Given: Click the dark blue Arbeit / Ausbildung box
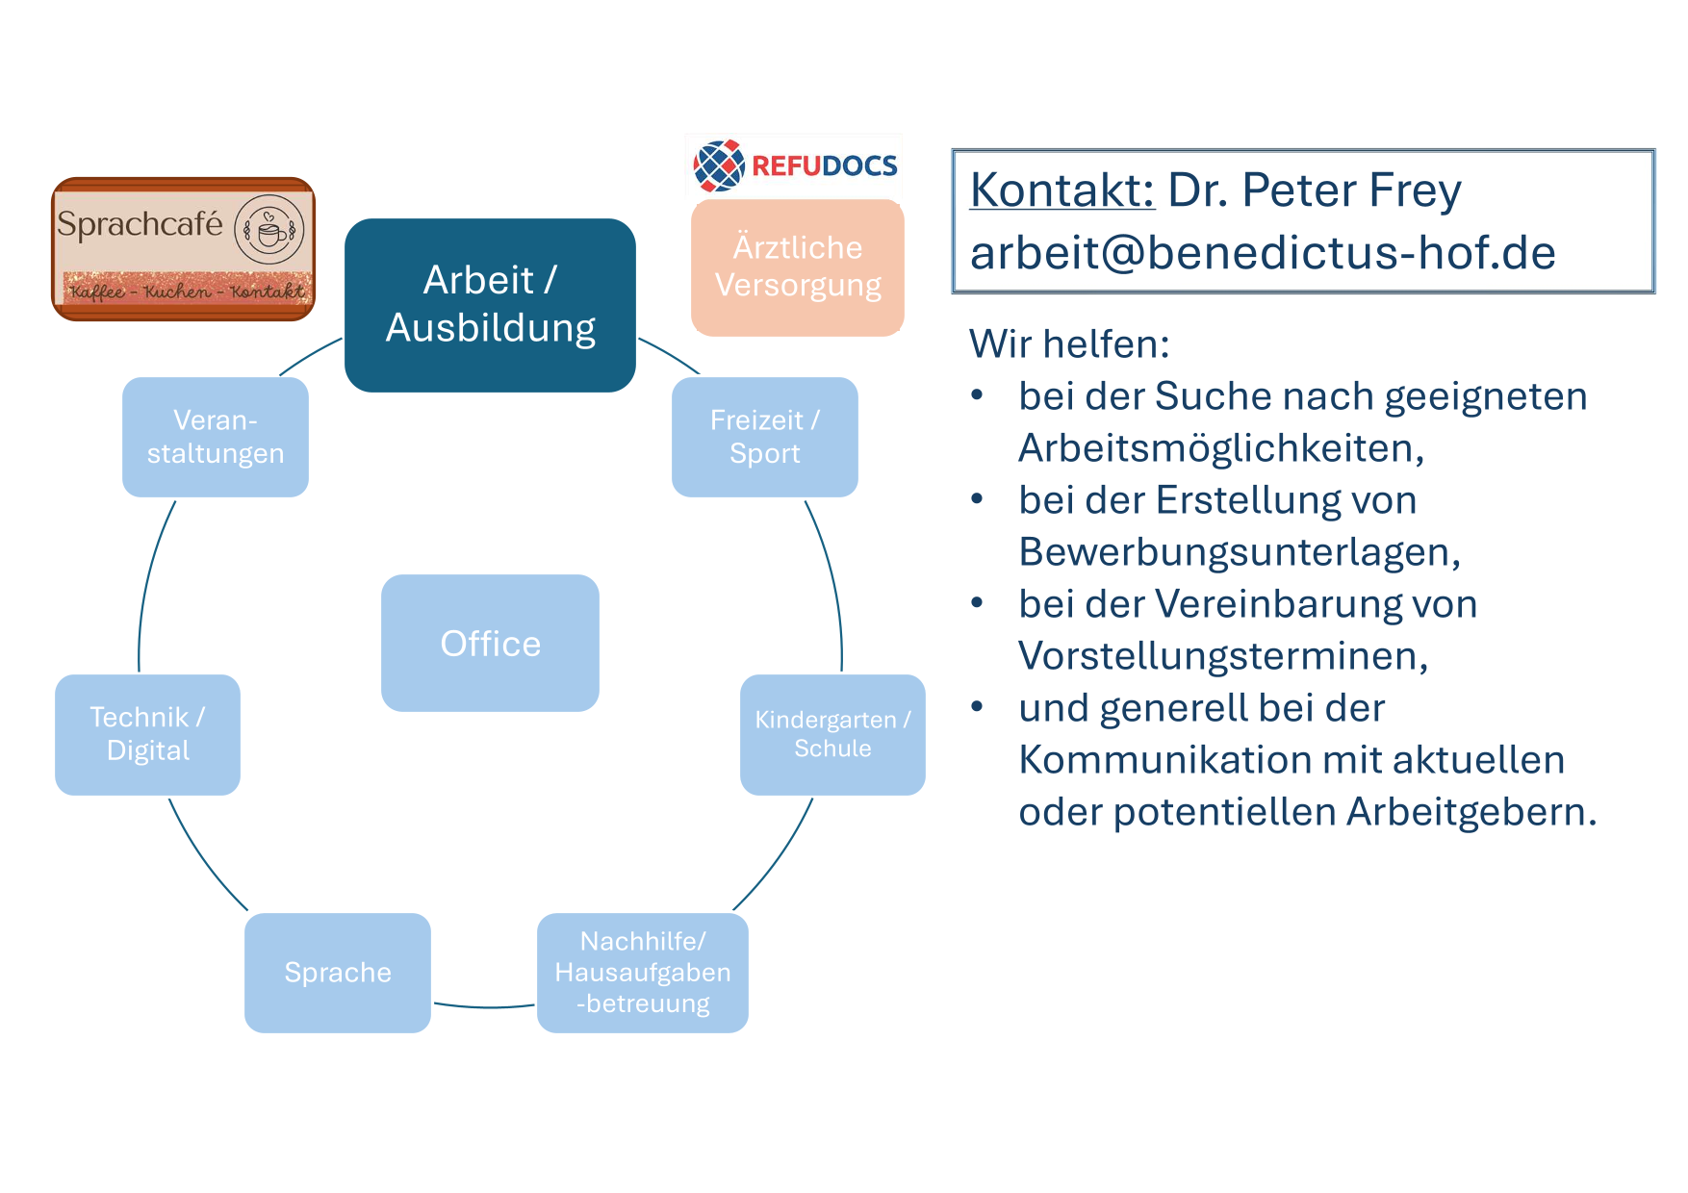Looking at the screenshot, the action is click(x=490, y=305).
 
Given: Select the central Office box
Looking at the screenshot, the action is click(x=490, y=643).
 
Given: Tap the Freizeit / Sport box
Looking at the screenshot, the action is click(x=765, y=437).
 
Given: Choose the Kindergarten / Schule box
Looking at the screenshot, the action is click(x=832, y=734).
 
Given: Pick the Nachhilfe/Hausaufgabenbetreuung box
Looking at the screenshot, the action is click(x=643, y=973).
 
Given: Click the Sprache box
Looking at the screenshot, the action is click(x=338, y=973).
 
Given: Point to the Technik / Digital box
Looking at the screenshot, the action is click(x=147, y=734).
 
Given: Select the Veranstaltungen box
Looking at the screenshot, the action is click(x=216, y=437).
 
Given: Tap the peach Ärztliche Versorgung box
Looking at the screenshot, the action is click(x=798, y=267).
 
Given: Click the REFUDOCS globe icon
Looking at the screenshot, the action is click(x=719, y=165).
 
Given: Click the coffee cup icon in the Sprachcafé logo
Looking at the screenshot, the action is click(x=269, y=230).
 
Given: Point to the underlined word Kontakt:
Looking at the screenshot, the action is click(x=1062, y=190).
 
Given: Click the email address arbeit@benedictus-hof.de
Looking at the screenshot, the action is click(x=1263, y=252).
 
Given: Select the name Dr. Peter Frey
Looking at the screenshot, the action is click(x=1315, y=190).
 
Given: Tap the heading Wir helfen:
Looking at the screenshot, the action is click(x=1069, y=343).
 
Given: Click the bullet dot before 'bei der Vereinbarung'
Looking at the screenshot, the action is click(x=978, y=603).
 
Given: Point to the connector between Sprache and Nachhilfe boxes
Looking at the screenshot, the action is click(x=484, y=1007).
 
